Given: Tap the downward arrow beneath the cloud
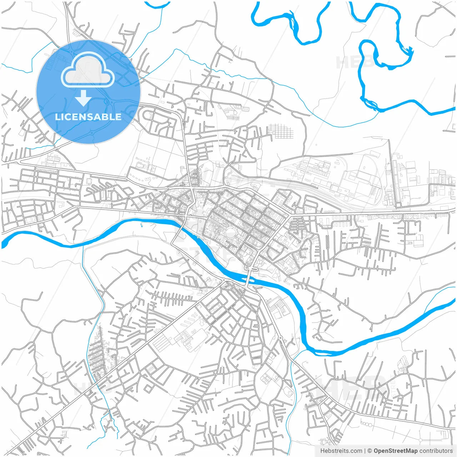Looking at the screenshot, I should click(x=83, y=98).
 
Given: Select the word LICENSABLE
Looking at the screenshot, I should click(x=88, y=117).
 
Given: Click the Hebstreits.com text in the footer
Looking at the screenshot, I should click(x=341, y=451).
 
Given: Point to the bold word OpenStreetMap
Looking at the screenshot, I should click(x=395, y=451).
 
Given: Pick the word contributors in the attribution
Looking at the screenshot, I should click(x=436, y=451).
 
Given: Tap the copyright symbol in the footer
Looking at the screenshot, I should click(x=370, y=451).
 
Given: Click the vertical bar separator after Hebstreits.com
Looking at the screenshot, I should click(x=365, y=451).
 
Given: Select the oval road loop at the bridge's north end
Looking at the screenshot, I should click(x=251, y=268).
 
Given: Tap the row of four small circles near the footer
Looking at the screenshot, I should click(x=366, y=423).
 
